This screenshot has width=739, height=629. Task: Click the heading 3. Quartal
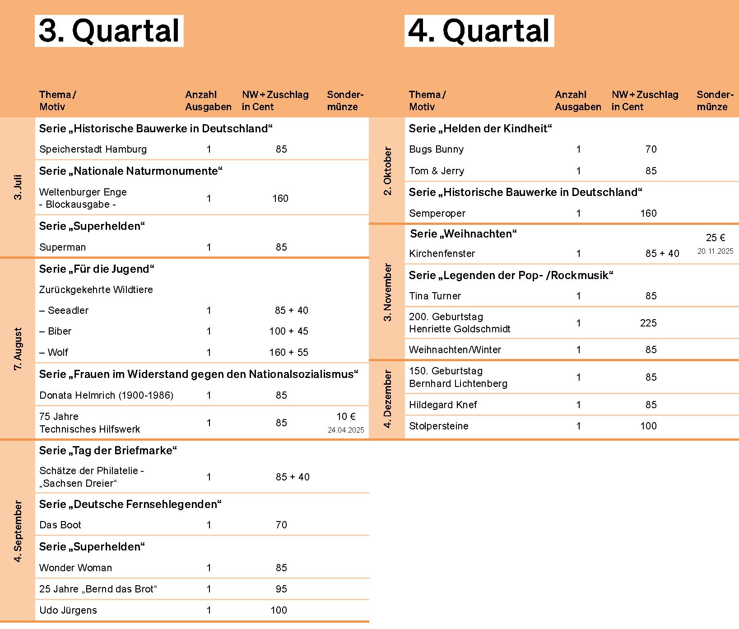109,31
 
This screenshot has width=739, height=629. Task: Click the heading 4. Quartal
479,31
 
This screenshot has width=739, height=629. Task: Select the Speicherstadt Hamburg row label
93,149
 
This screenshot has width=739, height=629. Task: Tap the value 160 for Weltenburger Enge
280,199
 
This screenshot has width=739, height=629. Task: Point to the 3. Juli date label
18,187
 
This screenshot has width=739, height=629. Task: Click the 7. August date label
18,349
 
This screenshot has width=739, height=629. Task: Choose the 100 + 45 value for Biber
288,331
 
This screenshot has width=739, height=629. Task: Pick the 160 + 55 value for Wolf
288,353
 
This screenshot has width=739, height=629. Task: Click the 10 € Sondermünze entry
346,417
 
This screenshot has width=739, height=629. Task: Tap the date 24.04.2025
346,430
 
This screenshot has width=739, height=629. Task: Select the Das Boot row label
60,525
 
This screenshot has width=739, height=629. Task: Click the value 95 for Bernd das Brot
281,589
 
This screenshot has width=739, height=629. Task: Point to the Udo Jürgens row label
68,610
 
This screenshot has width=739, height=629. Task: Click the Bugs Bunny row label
436,149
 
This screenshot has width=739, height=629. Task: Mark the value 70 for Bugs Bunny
651,149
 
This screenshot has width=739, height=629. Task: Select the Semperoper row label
437,214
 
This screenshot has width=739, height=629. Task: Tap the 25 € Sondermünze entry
716,238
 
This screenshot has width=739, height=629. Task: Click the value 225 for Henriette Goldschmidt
648,323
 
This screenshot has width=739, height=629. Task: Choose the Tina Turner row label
435,296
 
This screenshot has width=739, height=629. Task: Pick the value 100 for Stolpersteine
648,426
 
